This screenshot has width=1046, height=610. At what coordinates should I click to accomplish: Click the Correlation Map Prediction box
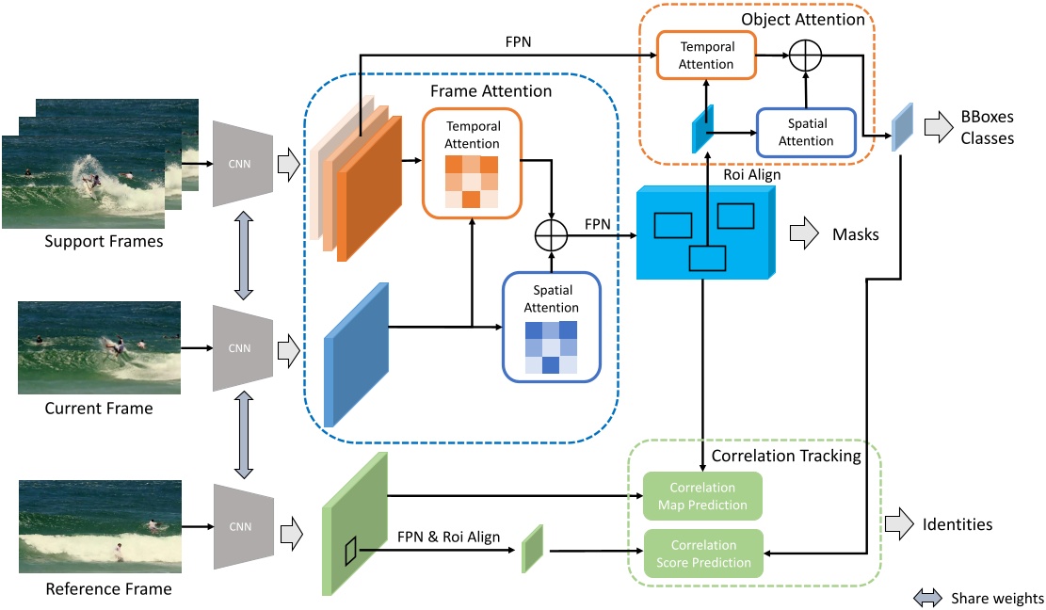[701, 496]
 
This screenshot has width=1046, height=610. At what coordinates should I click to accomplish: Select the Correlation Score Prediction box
[701, 554]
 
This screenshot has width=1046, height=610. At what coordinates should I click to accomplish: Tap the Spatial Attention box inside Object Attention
[806, 133]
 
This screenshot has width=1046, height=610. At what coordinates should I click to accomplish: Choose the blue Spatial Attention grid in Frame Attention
[552, 346]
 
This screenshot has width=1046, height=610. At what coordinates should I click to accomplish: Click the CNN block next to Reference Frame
[243, 527]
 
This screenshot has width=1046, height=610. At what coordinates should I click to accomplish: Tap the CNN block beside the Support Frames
[243, 163]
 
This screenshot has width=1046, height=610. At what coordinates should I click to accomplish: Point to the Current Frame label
[99, 409]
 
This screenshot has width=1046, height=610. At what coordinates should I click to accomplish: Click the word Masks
[856, 233]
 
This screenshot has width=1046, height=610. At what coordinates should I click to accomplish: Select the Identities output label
[957, 524]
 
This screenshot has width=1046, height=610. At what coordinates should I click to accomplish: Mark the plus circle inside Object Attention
[805, 56]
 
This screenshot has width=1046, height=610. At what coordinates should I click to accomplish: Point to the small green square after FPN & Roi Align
[533, 548]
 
